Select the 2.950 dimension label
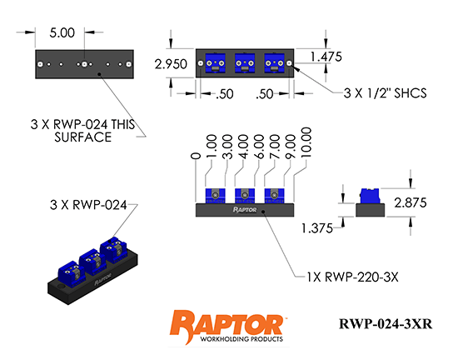(x=170, y=62)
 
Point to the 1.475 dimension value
(x=326, y=57)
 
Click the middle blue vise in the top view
(x=245, y=62)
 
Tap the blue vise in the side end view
(x=368, y=197)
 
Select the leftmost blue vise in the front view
(x=215, y=197)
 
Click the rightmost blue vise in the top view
(x=275, y=62)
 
